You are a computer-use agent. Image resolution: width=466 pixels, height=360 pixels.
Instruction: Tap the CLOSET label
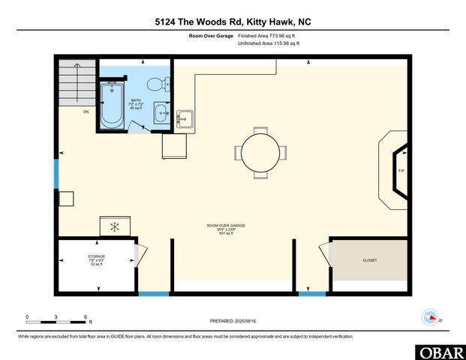tap(370, 260)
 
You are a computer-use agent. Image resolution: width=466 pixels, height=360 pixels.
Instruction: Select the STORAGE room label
tap(96, 256)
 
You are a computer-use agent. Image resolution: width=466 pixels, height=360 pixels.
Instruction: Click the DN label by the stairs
tap(86, 111)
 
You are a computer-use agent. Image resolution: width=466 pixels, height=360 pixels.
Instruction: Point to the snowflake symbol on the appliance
tap(115, 226)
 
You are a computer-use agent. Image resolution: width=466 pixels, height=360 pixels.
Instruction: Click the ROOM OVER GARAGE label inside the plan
tap(227, 225)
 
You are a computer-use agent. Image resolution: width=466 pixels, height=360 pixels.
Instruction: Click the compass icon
tap(431, 316)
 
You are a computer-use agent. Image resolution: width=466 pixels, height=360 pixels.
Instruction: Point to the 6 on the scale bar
tap(86, 316)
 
